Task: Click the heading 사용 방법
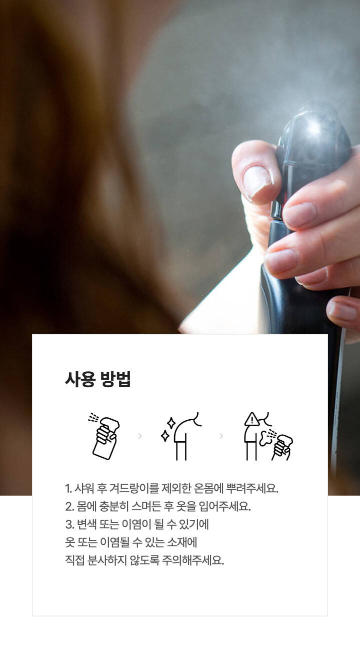pos(98,379)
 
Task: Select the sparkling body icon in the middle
pos(181,436)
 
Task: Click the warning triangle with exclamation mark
pos(252,419)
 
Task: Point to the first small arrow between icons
pos(140,436)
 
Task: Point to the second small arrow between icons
pos(221,436)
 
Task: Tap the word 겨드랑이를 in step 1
pos(134,488)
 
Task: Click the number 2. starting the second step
pos(69,507)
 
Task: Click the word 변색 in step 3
pos(87,525)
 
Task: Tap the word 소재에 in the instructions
pos(182,543)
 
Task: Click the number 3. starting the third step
pos(69,525)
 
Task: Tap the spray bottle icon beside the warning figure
pos(281,447)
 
